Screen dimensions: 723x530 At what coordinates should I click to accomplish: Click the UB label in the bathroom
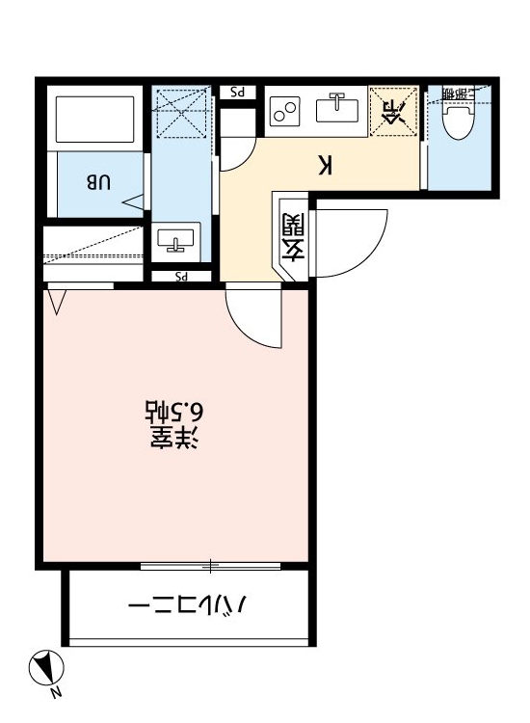click(x=101, y=180)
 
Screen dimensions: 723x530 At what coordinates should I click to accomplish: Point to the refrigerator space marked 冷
click(x=393, y=112)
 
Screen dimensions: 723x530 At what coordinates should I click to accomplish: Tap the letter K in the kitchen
click(x=326, y=165)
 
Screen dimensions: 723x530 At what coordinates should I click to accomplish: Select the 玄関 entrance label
click(x=293, y=238)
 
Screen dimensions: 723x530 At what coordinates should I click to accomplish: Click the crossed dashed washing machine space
click(x=181, y=113)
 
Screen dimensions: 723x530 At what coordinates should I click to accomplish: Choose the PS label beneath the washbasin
click(x=179, y=278)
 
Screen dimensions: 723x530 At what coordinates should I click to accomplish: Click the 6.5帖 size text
click(x=172, y=413)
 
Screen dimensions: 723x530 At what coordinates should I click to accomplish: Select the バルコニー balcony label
click(x=189, y=607)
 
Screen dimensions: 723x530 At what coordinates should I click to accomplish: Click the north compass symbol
click(x=46, y=667)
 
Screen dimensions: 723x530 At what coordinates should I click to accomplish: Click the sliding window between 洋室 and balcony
click(x=210, y=565)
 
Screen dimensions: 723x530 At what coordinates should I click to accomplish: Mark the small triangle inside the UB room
click(x=133, y=201)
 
